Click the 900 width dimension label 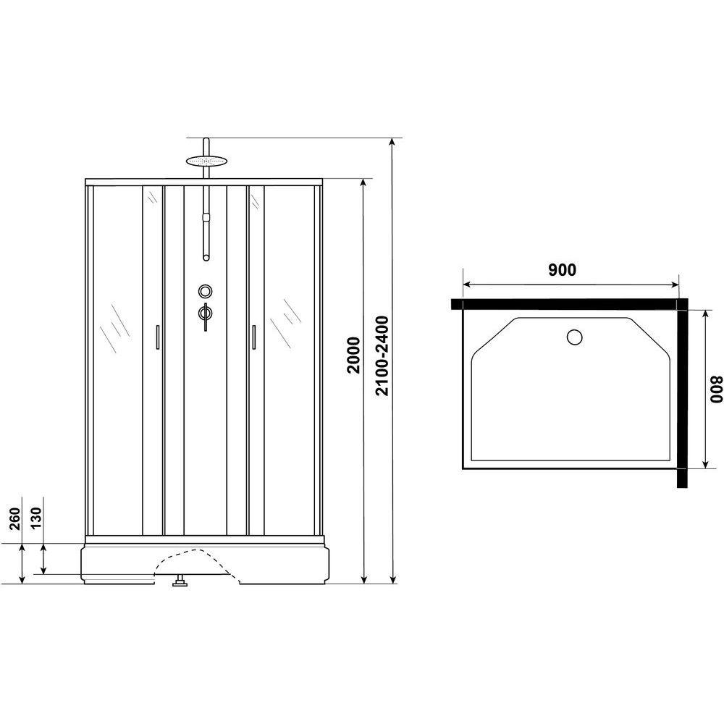(x=562, y=269)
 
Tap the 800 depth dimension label (x=716, y=390)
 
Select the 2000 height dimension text (x=353, y=355)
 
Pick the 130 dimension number (x=36, y=518)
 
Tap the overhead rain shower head (x=207, y=161)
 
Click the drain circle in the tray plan (x=574, y=337)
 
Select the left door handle (x=158, y=337)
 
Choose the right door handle (x=253, y=337)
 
